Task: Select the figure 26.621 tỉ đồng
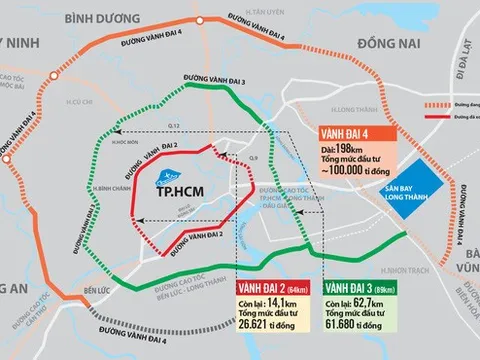click(x=267, y=304)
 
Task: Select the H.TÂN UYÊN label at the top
click(x=261, y=8)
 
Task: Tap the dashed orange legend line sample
click(x=447, y=102)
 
